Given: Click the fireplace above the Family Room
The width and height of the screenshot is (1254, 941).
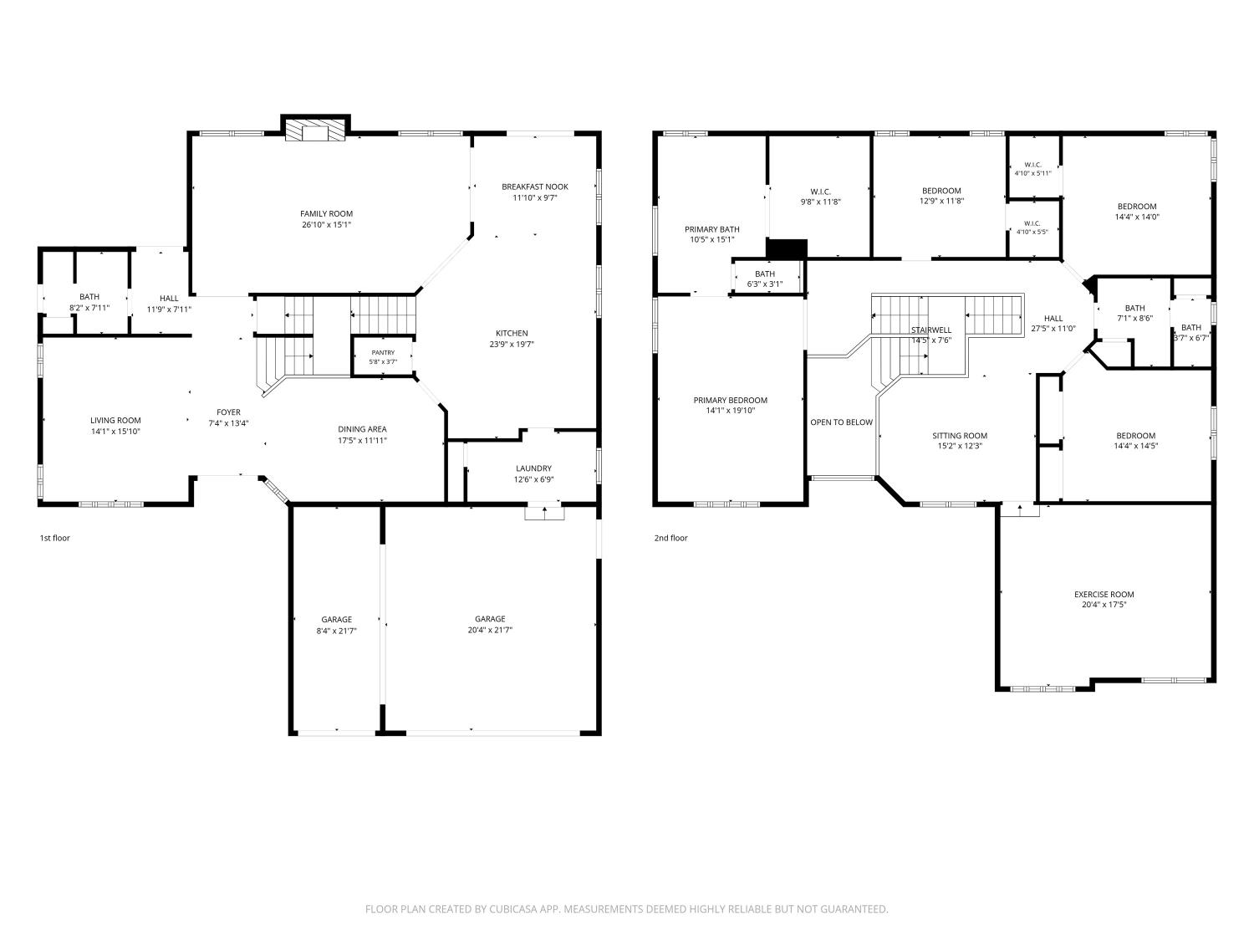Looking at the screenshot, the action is click(315, 130).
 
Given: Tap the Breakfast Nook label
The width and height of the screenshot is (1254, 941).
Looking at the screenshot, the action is click(535, 187).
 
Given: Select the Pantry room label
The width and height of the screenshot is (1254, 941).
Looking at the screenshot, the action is click(383, 352).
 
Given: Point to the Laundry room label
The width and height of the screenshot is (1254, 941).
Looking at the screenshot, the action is click(533, 468).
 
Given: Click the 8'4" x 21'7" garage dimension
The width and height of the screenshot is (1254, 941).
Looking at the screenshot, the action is click(337, 631).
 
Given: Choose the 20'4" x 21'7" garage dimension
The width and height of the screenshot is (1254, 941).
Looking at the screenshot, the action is click(490, 630).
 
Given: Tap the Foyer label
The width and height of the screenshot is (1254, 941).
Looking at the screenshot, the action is click(228, 412).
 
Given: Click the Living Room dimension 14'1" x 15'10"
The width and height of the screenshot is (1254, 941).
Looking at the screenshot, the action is click(115, 432).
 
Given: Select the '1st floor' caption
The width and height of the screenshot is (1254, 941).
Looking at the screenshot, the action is click(55, 538).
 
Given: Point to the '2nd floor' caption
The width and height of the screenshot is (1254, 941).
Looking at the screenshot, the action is click(670, 538).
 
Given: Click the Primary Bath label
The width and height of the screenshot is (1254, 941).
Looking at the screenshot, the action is click(711, 230).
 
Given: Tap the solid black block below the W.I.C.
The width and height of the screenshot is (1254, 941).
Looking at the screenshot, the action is click(787, 248).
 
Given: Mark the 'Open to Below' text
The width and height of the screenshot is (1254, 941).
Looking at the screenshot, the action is click(842, 422).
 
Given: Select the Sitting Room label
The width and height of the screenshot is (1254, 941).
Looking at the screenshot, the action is click(960, 436).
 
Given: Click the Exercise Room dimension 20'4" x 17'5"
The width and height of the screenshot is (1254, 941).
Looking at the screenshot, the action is click(1104, 605).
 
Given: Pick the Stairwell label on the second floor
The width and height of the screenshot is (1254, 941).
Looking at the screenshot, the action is click(931, 330).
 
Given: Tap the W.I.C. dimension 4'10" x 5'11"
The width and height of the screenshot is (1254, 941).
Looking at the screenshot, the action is click(1033, 173).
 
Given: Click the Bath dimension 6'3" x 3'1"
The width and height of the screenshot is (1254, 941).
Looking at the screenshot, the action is click(765, 284).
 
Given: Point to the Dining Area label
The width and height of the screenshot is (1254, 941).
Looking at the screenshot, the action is click(362, 429).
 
